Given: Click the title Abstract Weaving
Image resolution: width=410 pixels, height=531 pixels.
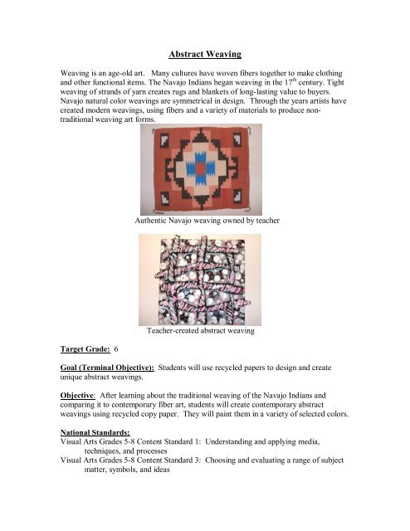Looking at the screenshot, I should [204, 54].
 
